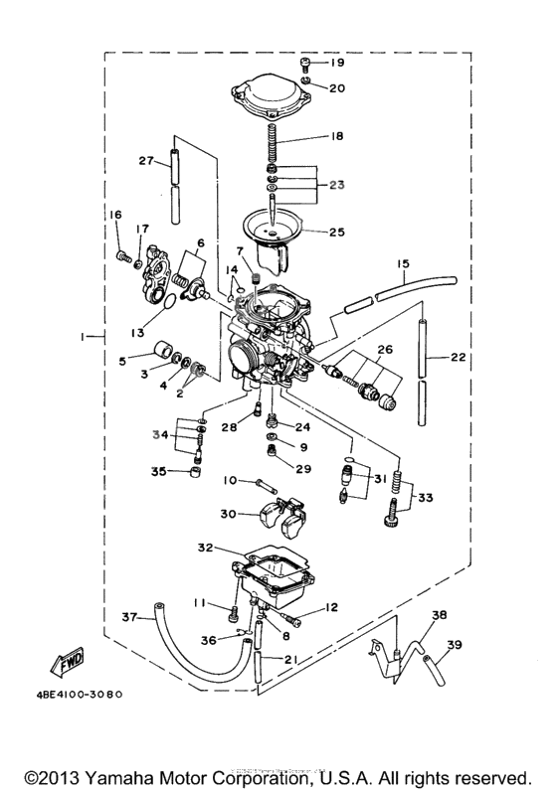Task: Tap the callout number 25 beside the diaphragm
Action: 337,233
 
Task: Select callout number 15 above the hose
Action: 404,264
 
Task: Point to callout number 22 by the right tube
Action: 459,357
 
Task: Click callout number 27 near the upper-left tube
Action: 146,161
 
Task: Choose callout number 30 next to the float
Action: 230,514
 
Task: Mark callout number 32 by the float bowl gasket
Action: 206,547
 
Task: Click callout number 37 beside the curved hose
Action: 129,616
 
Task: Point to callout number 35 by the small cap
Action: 158,471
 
